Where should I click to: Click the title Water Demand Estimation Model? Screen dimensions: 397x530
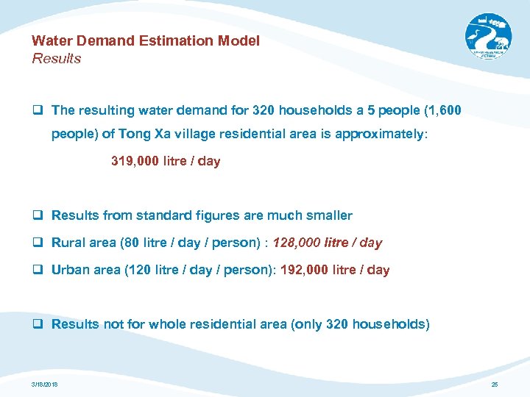(146, 41)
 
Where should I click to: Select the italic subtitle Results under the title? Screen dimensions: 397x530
(57, 59)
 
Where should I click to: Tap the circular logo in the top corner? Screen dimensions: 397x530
(487, 37)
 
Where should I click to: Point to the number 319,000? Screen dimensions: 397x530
(134, 161)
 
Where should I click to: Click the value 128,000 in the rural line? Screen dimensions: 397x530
(296, 243)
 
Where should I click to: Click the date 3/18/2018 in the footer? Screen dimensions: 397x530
(45, 385)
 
